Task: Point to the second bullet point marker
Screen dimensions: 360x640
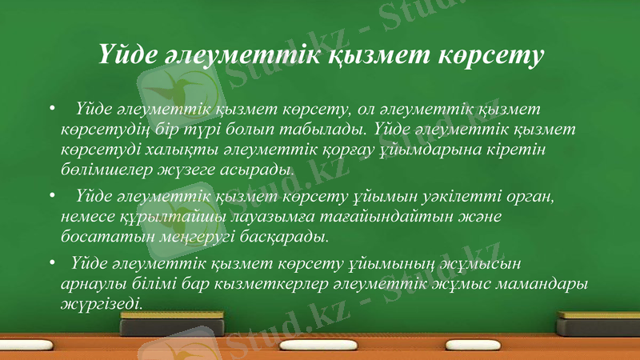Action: [x=52, y=195]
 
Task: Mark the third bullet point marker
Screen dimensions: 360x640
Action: [x=52, y=261]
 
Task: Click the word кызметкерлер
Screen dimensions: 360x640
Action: [x=271, y=283]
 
